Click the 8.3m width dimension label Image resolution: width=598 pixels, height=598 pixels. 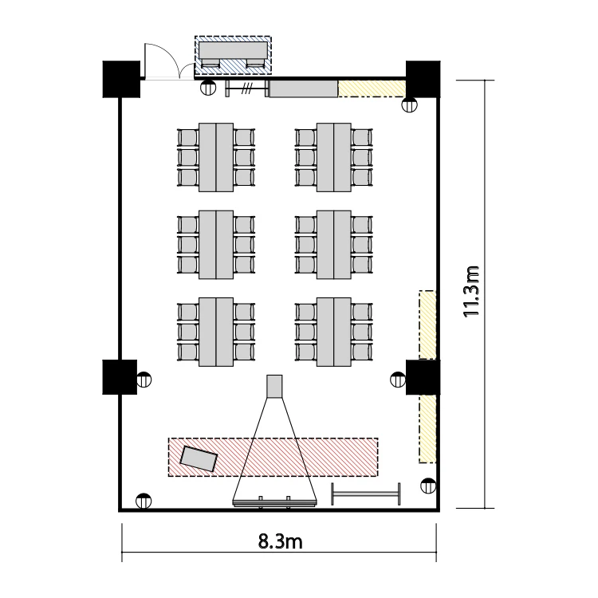click(281, 541)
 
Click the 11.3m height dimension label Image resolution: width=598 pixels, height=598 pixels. click(470, 292)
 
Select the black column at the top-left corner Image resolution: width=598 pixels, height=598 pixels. click(121, 79)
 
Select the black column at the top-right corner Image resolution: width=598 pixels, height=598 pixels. click(423, 79)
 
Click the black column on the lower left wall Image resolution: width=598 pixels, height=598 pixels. click(120, 377)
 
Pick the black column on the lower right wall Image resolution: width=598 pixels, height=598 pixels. click(423, 377)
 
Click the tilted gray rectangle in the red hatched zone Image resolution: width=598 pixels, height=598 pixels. click(199, 458)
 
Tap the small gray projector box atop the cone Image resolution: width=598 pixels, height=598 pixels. click(274, 387)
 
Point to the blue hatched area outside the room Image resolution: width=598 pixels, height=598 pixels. click(233, 55)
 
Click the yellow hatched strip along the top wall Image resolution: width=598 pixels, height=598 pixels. click(372, 89)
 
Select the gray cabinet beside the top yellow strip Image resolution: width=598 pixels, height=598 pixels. click(304, 89)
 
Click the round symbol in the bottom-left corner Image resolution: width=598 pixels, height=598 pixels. click(144, 501)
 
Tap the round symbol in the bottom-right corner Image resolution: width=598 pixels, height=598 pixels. click(428, 486)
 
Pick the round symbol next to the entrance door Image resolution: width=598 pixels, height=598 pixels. click(208, 88)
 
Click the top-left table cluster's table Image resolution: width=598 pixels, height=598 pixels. click(216, 157)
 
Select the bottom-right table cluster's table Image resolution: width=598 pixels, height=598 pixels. click(334, 332)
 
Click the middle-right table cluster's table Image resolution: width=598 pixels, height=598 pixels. click(334, 245)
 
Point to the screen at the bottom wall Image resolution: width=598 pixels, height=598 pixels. click(274, 503)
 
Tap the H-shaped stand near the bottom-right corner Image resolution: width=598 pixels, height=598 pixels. click(366, 494)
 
